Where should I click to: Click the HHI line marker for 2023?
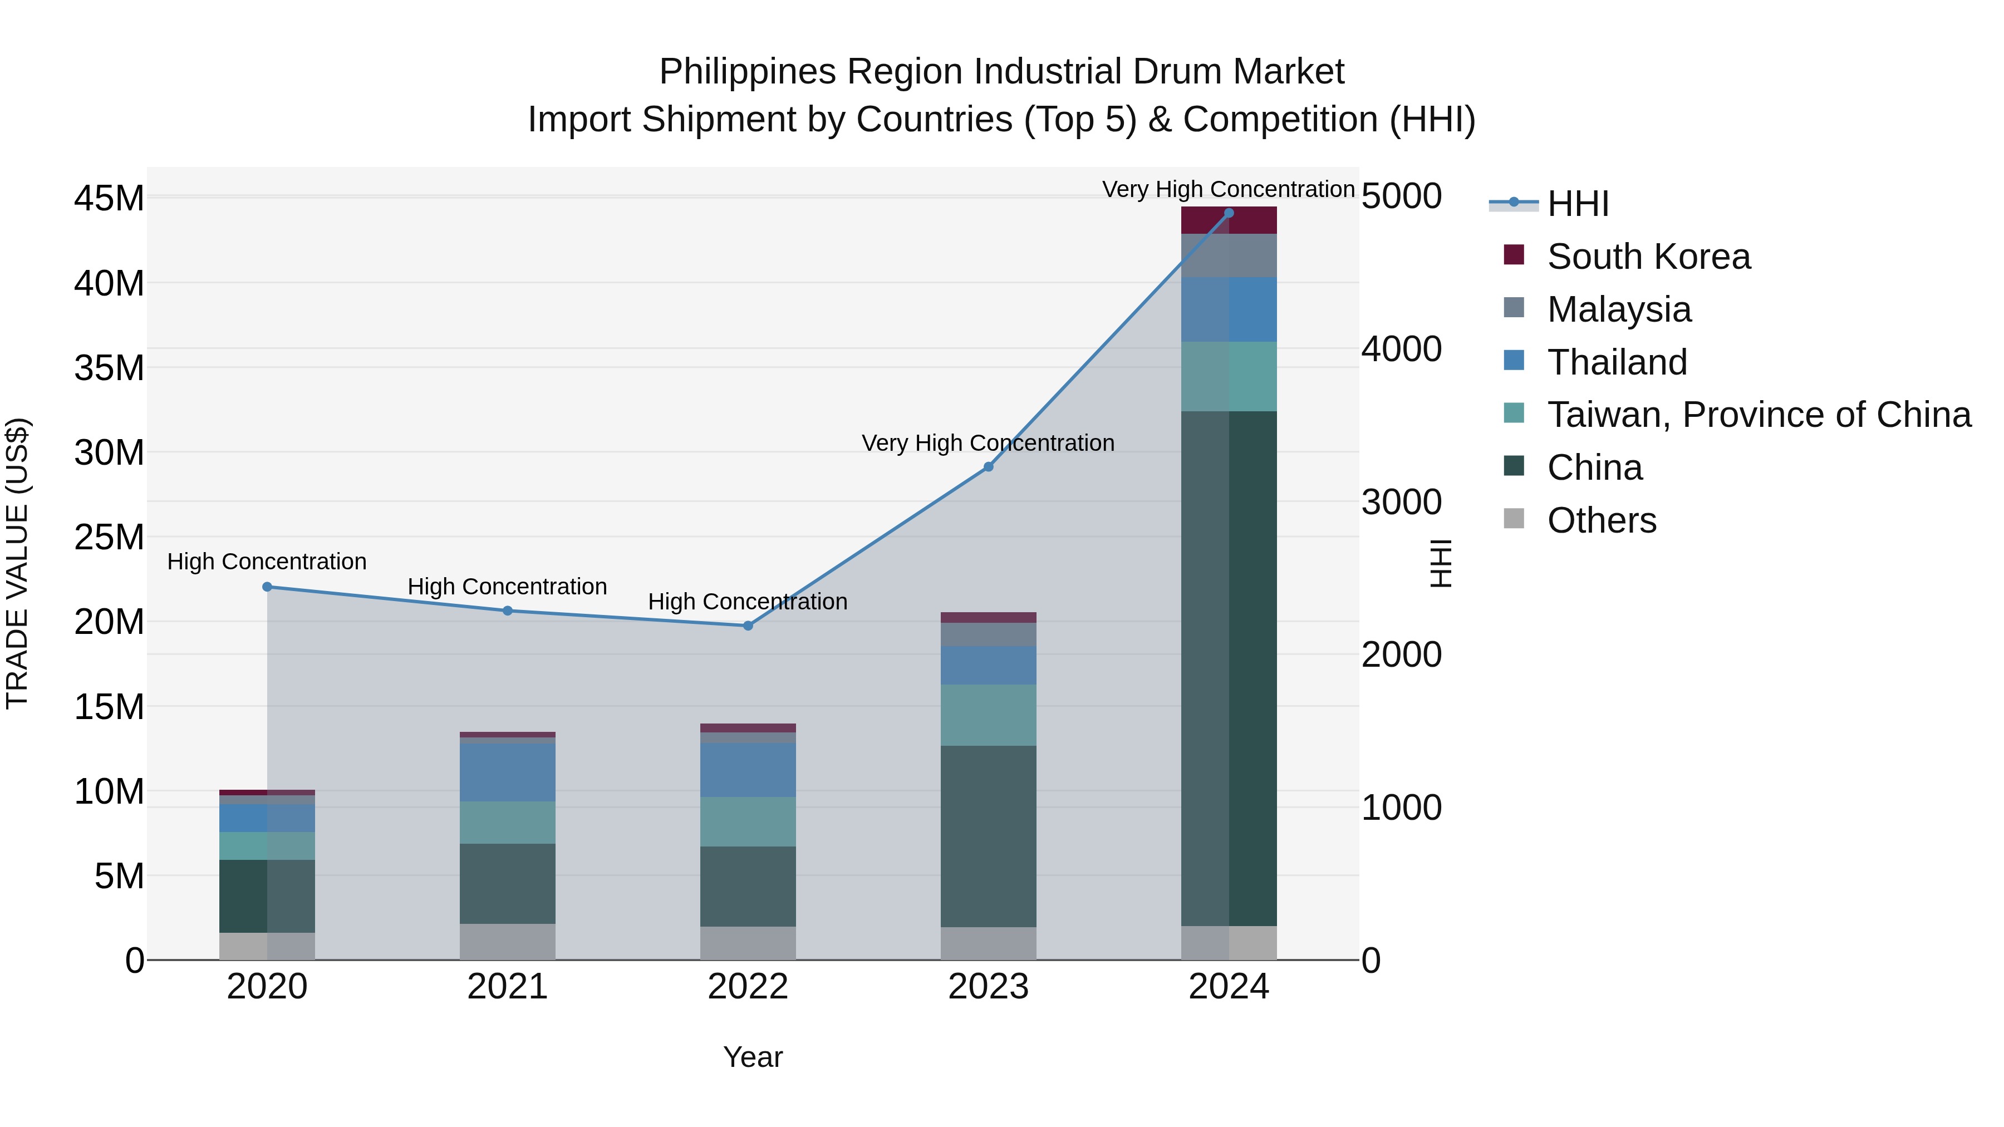[988, 467]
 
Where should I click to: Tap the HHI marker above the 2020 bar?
[267, 587]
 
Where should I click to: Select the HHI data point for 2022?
[748, 626]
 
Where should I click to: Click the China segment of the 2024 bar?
[1229, 669]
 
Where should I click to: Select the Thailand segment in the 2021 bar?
[507, 772]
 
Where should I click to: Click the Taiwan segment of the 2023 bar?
[988, 716]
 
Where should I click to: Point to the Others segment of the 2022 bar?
[748, 943]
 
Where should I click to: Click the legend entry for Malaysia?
[1618, 309]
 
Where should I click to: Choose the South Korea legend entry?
[1648, 257]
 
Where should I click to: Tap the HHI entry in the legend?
[1577, 204]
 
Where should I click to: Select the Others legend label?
[1601, 520]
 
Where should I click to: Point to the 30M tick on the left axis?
[109, 452]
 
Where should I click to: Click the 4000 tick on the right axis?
[1401, 349]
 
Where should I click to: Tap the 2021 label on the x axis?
[507, 987]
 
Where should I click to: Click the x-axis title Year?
[752, 1057]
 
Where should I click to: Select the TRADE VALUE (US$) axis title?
[18, 563]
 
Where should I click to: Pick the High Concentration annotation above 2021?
[507, 587]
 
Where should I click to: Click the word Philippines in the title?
[748, 72]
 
